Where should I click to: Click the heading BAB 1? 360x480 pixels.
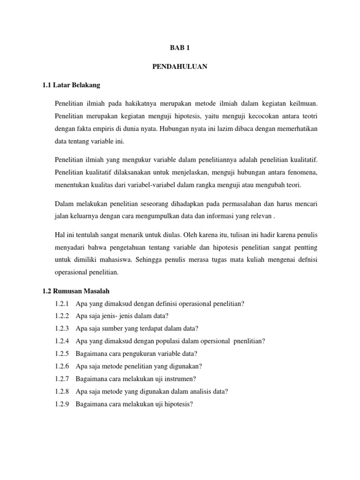click(180, 48)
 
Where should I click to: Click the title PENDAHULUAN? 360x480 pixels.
click(180, 67)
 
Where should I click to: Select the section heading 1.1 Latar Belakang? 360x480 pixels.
click(71, 85)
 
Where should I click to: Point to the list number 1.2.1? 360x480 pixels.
click(62, 304)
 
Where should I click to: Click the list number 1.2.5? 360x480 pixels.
click(62, 353)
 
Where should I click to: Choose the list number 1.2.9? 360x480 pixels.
click(62, 403)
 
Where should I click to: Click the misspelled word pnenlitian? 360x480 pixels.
click(249, 341)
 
